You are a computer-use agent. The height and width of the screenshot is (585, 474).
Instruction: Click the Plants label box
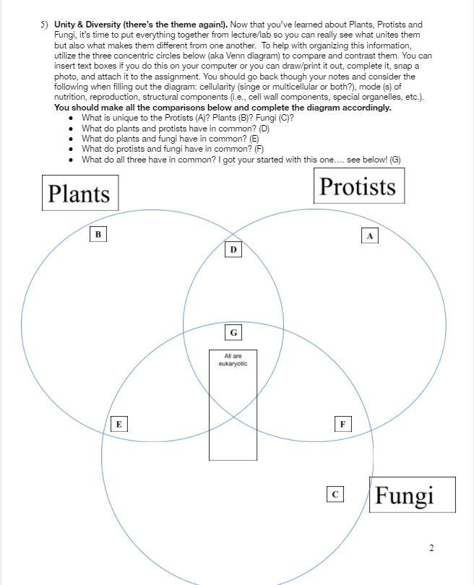79,193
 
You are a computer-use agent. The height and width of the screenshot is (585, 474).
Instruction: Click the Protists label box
358,186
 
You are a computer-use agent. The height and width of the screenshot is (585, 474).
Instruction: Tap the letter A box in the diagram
369,235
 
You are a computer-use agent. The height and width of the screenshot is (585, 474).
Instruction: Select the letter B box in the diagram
98,233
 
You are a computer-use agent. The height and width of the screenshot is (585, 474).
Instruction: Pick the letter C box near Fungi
335,494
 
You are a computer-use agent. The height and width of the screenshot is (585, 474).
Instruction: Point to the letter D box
233,249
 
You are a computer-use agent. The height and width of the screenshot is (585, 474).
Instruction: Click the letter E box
118,424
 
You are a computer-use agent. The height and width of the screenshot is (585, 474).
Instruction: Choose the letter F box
343,424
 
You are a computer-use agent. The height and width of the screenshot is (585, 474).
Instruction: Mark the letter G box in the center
233,333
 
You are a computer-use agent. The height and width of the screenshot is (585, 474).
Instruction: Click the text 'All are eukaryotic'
233,360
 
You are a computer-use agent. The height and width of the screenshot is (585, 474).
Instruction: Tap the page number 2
431,548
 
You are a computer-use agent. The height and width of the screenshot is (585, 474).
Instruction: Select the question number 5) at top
45,25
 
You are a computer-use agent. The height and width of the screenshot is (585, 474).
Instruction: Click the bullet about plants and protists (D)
176,128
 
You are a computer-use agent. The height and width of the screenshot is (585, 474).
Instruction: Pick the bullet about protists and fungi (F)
173,149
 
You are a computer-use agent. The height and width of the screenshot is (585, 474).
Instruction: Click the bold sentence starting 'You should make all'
223,108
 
